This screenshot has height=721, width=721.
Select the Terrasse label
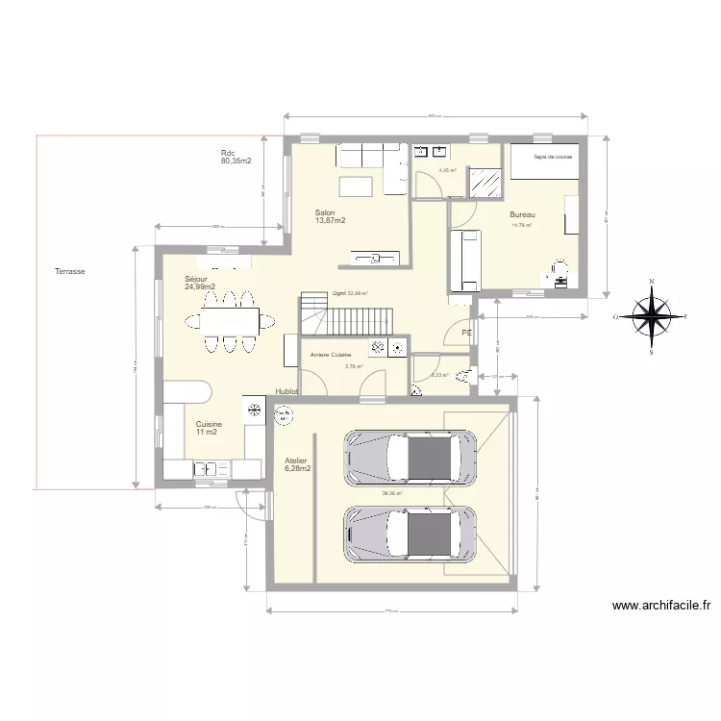(x=70, y=272)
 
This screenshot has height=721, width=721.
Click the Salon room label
(x=330, y=216)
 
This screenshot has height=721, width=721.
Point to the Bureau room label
(x=522, y=215)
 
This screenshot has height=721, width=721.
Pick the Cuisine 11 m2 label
(x=209, y=428)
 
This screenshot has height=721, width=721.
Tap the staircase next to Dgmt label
(x=346, y=315)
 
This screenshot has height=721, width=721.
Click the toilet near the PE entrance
(x=465, y=375)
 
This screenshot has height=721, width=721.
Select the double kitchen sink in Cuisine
(x=207, y=469)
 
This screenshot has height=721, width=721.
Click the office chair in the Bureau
(x=558, y=270)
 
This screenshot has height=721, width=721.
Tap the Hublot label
(x=286, y=392)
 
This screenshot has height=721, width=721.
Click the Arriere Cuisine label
(x=331, y=355)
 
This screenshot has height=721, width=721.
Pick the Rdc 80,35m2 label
(x=236, y=158)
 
